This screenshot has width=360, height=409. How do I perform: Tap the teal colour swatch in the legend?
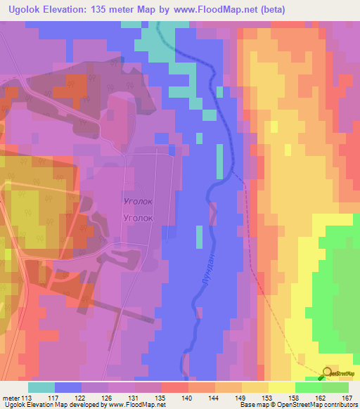tap(42, 387)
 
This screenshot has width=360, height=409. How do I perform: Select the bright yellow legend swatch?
tap(282, 387)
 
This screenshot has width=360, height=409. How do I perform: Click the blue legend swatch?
tap(68, 387)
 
